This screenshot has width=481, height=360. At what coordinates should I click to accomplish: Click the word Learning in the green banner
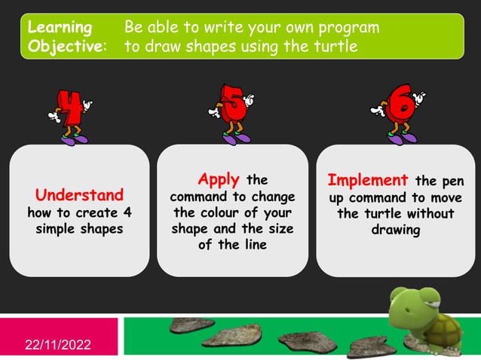pos(60,28)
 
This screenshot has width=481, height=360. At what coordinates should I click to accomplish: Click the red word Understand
pos(79,194)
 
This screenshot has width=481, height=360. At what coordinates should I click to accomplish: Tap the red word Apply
pos(219,179)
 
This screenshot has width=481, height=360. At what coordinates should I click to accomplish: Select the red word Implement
pos(368,181)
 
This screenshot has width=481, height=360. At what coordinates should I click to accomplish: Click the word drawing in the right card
pos(396,230)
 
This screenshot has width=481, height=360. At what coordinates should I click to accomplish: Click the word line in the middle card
pos(254,246)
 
